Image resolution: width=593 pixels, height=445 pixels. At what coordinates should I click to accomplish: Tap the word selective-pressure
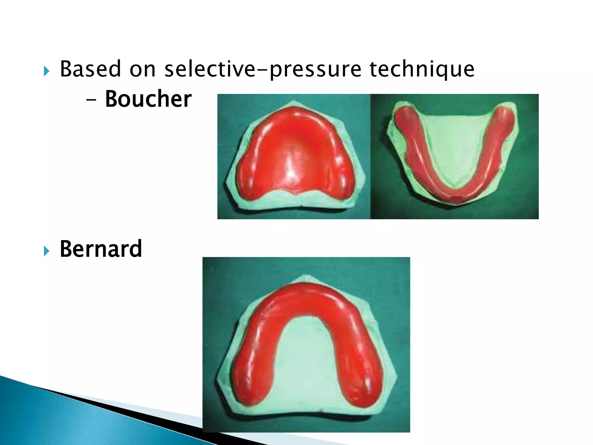click(x=263, y=70)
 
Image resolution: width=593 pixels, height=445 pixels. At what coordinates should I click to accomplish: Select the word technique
click(x=422, y=70)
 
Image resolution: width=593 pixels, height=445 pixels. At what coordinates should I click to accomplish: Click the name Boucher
click(x=148, y=99)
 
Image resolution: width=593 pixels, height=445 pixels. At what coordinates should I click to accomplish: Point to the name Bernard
click(x=101, y=249)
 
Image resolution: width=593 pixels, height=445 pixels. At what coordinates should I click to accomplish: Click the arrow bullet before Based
click(x=47, y=71)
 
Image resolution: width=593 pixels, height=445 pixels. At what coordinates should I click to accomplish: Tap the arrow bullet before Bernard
click(x=47, y=251)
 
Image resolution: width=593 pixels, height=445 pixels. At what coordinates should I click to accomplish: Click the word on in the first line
click(x=142, y=70)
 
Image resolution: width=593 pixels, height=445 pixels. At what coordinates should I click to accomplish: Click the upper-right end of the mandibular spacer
click(x=505, y=114)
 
